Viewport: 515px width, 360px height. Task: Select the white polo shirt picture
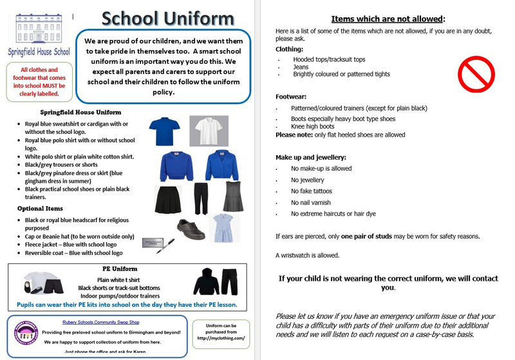tap(209, 130)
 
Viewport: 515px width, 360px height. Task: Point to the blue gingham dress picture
tap(226, 227)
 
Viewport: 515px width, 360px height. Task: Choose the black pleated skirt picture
tap(165, 198)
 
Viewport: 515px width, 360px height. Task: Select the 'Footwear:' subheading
tap(290, 97)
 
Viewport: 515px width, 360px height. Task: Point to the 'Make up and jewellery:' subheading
tap(311, 157)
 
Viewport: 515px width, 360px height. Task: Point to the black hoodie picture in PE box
tap(206, 281)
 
